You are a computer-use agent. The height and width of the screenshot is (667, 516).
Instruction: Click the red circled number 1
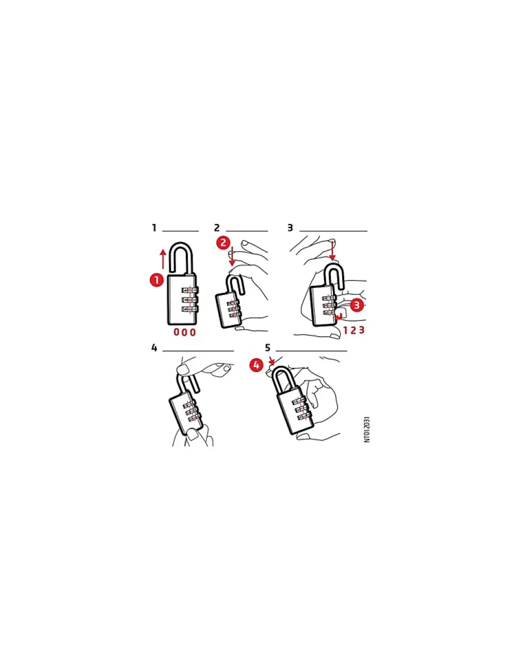click(x=157, y=280)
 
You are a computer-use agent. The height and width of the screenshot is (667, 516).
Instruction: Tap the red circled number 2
click(x=223, y=243)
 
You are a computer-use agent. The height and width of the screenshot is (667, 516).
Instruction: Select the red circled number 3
click(x=356, y=305)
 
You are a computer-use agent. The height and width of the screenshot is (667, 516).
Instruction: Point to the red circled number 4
click(x=256, y=365)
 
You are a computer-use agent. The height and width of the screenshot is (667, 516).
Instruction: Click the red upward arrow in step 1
click(x=163, y=259)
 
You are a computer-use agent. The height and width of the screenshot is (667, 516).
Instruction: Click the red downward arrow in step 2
click(x=232, y=257)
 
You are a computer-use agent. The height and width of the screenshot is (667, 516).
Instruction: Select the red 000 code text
click(x=185, y=332)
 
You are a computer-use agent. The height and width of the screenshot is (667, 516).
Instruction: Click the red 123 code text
click(x=354, y=330)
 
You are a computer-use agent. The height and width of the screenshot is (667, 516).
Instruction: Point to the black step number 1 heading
click(x=154, y=228)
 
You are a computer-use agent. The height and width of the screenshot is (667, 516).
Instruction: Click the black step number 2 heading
click(x=217, y=228)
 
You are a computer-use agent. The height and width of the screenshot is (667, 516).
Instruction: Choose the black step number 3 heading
click(x=290, y=228)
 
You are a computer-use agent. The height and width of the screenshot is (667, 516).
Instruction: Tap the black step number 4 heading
click(x=154, y=348)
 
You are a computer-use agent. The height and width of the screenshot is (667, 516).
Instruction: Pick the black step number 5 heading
click(x=268, y=348)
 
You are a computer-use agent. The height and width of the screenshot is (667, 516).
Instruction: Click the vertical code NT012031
click(x=367, y=430)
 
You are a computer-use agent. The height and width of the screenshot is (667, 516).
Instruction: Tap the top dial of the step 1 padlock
click(x=190, y=290)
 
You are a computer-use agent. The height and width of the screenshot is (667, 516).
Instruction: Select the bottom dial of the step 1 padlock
click(x=190, y=309)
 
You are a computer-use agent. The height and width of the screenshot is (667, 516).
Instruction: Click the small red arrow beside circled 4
click(x=271, y=361)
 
